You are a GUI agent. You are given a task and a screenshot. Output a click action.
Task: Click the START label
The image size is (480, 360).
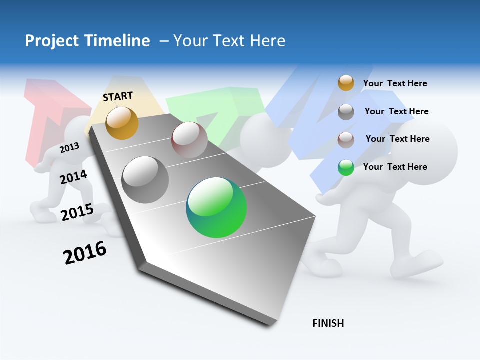point(118,96)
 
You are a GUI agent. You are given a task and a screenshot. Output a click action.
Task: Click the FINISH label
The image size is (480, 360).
point(328,323)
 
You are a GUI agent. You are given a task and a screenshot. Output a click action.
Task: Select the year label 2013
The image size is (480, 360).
point(69,148)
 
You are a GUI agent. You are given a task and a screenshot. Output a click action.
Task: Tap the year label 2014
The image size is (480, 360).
point(73,177)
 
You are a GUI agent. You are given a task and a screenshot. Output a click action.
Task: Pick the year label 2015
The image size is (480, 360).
point(77,212)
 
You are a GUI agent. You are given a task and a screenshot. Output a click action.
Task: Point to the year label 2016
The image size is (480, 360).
point(85,253)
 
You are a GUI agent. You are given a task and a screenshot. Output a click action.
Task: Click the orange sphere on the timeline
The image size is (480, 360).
point(122,123)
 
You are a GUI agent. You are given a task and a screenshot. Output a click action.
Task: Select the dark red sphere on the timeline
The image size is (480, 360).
point(189,140)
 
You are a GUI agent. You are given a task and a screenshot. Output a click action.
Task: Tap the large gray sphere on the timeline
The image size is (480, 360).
point(145,180)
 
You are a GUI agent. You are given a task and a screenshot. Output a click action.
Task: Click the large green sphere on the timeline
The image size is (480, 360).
point(216,207)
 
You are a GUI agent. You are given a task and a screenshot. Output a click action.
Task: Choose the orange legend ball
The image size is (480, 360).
point(346,83)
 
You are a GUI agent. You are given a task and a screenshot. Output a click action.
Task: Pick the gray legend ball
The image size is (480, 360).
point(346,112)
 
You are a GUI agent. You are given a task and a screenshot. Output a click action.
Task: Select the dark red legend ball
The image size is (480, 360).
point(346,140)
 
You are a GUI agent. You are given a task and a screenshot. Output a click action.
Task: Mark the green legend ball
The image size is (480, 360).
point(346,167)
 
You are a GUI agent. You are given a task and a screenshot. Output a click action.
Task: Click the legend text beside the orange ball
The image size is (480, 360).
point(395,83)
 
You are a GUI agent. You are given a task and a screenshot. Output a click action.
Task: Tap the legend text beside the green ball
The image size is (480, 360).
point(395,167)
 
